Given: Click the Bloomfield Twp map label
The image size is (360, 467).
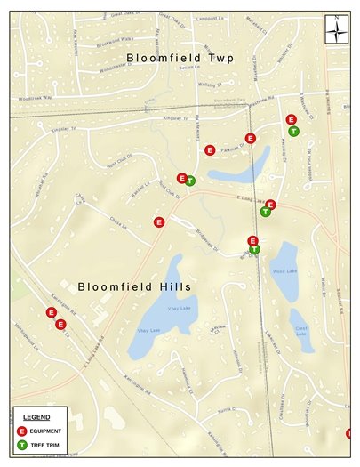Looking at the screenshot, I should click(x=179, y=59).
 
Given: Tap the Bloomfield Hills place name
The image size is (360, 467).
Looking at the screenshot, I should click(x=135, y=286).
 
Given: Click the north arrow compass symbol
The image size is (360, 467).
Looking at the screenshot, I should click(x=337, y=29).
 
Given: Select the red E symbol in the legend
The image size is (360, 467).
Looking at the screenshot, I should click(x=21, y=431).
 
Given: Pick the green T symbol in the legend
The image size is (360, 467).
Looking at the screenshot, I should click(x=21, y=444).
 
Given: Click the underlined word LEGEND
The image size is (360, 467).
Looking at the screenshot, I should click(x=36, y=416).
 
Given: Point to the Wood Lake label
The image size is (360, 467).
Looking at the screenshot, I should click(x=284, y=271).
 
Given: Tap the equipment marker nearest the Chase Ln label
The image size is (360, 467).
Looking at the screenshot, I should click(x=159, y=222).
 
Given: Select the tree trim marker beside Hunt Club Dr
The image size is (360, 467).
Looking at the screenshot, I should click(x=190, y=181).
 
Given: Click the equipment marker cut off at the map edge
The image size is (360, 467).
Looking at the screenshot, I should click(x=350, y=433).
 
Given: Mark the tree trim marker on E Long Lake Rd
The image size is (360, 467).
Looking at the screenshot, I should click(x=265, y=212).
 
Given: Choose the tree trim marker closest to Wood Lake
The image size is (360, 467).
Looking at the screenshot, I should click(x=254, y=249).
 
